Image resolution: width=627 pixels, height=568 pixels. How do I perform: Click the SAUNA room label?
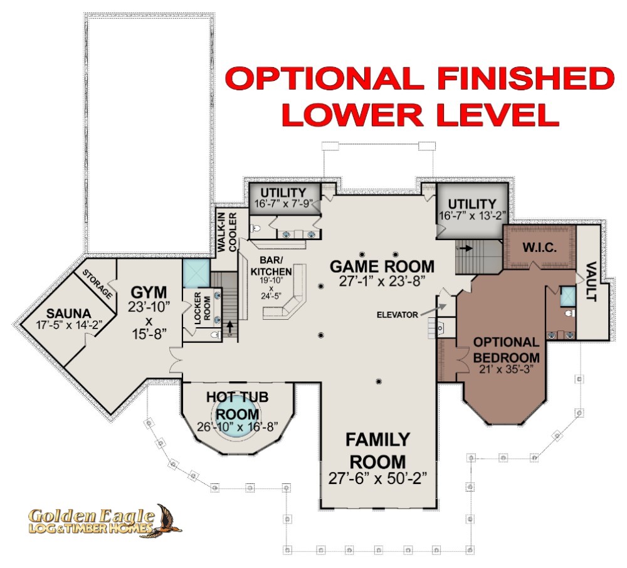[69, 313]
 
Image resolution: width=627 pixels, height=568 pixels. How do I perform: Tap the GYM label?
[149, 293]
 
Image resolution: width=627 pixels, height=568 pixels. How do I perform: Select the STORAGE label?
[97, 284]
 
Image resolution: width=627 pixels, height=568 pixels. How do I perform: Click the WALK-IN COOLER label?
[227, 232]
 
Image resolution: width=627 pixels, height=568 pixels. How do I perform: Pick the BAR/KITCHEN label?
[271, 266]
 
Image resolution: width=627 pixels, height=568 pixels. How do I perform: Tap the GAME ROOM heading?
[382, 266]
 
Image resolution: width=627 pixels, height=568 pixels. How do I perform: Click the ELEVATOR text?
[397, 315]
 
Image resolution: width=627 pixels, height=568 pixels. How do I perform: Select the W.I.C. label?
[539, 248]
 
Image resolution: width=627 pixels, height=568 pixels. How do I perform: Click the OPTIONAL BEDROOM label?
[506, 350]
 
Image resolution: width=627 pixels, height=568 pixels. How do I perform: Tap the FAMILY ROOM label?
[378, 451]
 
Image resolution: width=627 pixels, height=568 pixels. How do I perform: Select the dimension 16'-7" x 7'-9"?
[283, 204]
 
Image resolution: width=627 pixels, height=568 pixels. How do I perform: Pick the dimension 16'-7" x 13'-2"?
[472, 216]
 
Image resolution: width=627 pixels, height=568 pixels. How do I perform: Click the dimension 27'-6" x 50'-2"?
[378, 478]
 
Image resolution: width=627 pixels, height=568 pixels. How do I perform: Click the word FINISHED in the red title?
[526, 78]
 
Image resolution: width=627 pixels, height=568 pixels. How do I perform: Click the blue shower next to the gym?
[196, 273]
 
